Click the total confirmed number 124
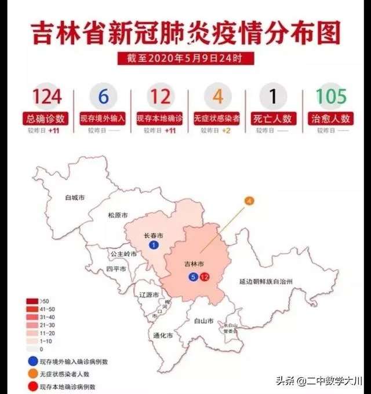click(47, 96)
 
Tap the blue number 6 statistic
click(103, 96)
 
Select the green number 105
click(331, 96)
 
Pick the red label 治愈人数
click(331, 118)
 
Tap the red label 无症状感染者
click(217, 118)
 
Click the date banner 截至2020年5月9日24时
click(185, 58)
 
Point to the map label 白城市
click(75, 198)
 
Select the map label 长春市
click(153, 236)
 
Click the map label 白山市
click(203, 321)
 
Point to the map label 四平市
click(116, 269)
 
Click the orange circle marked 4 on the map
click(249, 201)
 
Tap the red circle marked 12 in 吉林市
click(204, 277)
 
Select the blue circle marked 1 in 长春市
click(154, 246)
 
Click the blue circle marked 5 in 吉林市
click(194, 277)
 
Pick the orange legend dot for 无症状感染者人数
click(30, 374)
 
